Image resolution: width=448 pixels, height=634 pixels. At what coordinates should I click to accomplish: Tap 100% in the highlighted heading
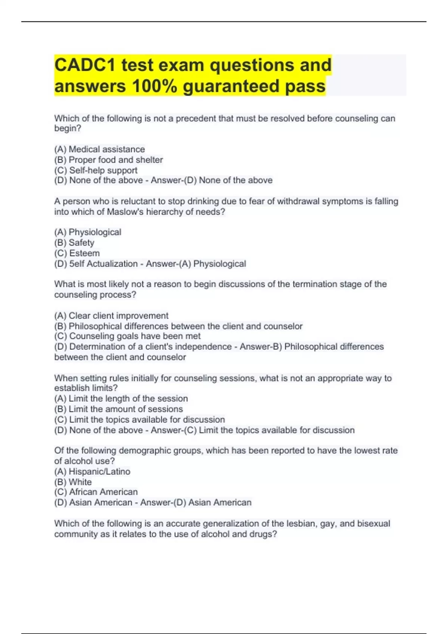154,86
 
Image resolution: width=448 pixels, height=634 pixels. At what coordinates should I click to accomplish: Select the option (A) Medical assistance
99,149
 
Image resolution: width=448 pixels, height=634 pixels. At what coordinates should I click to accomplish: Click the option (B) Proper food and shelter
108,160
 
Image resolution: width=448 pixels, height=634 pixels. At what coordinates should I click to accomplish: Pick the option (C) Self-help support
96,170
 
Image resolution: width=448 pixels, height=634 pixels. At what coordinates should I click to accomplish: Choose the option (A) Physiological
88,232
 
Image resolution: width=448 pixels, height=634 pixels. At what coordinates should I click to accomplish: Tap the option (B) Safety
74,242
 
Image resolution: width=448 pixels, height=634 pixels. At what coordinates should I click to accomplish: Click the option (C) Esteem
77,253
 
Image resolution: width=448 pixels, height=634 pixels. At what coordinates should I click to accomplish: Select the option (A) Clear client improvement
111,316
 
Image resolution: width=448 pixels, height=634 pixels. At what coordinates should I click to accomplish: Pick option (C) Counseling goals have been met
127,336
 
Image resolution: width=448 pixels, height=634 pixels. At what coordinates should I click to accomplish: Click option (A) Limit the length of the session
121,398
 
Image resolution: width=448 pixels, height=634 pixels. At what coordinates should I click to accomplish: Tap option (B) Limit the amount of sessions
118,409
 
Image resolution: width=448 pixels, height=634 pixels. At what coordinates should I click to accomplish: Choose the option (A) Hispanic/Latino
92,471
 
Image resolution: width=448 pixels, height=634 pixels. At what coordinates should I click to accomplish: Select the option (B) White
73,482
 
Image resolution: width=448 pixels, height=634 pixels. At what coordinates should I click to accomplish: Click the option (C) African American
96,492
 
